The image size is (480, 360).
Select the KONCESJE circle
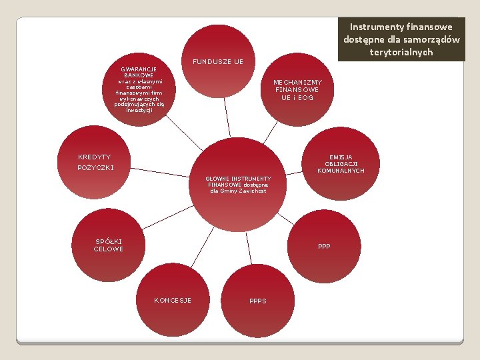click(x=173, y=301)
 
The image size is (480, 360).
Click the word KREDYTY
click(x=94, y=157)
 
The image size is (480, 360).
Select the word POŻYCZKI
click(x=96, y=167)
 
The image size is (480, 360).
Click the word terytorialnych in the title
click(x=401, y=52)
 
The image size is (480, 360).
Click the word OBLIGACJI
click(x=341, y=164)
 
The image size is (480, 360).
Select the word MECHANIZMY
click(x=297, y=83)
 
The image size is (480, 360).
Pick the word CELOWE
click(x=109, y=249)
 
